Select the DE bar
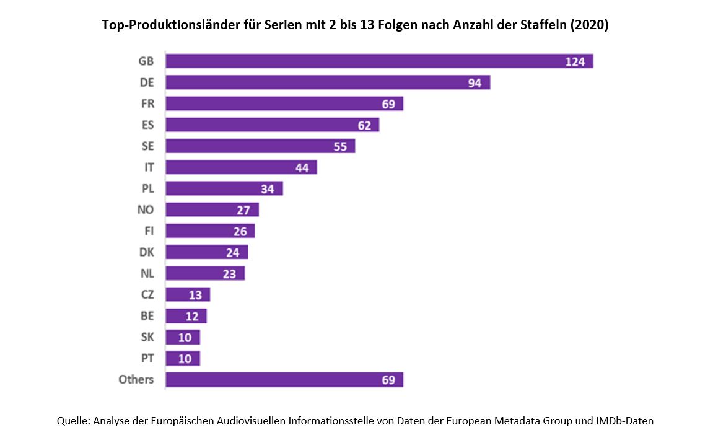point(328,82)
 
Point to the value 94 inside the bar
point(475,82)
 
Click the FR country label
point(147,103)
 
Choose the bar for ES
point(272,125)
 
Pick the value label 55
point(339,146)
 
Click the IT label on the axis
point(149,167)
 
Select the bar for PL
point(224,188)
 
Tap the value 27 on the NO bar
point(243,210)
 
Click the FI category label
point(149,231)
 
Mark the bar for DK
point(207,252)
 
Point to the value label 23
point(229,273)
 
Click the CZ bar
point(188,294)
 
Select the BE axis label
point(147,316)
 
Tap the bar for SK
point(183,337)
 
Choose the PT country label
point(147,358)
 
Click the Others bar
point(284,379)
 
